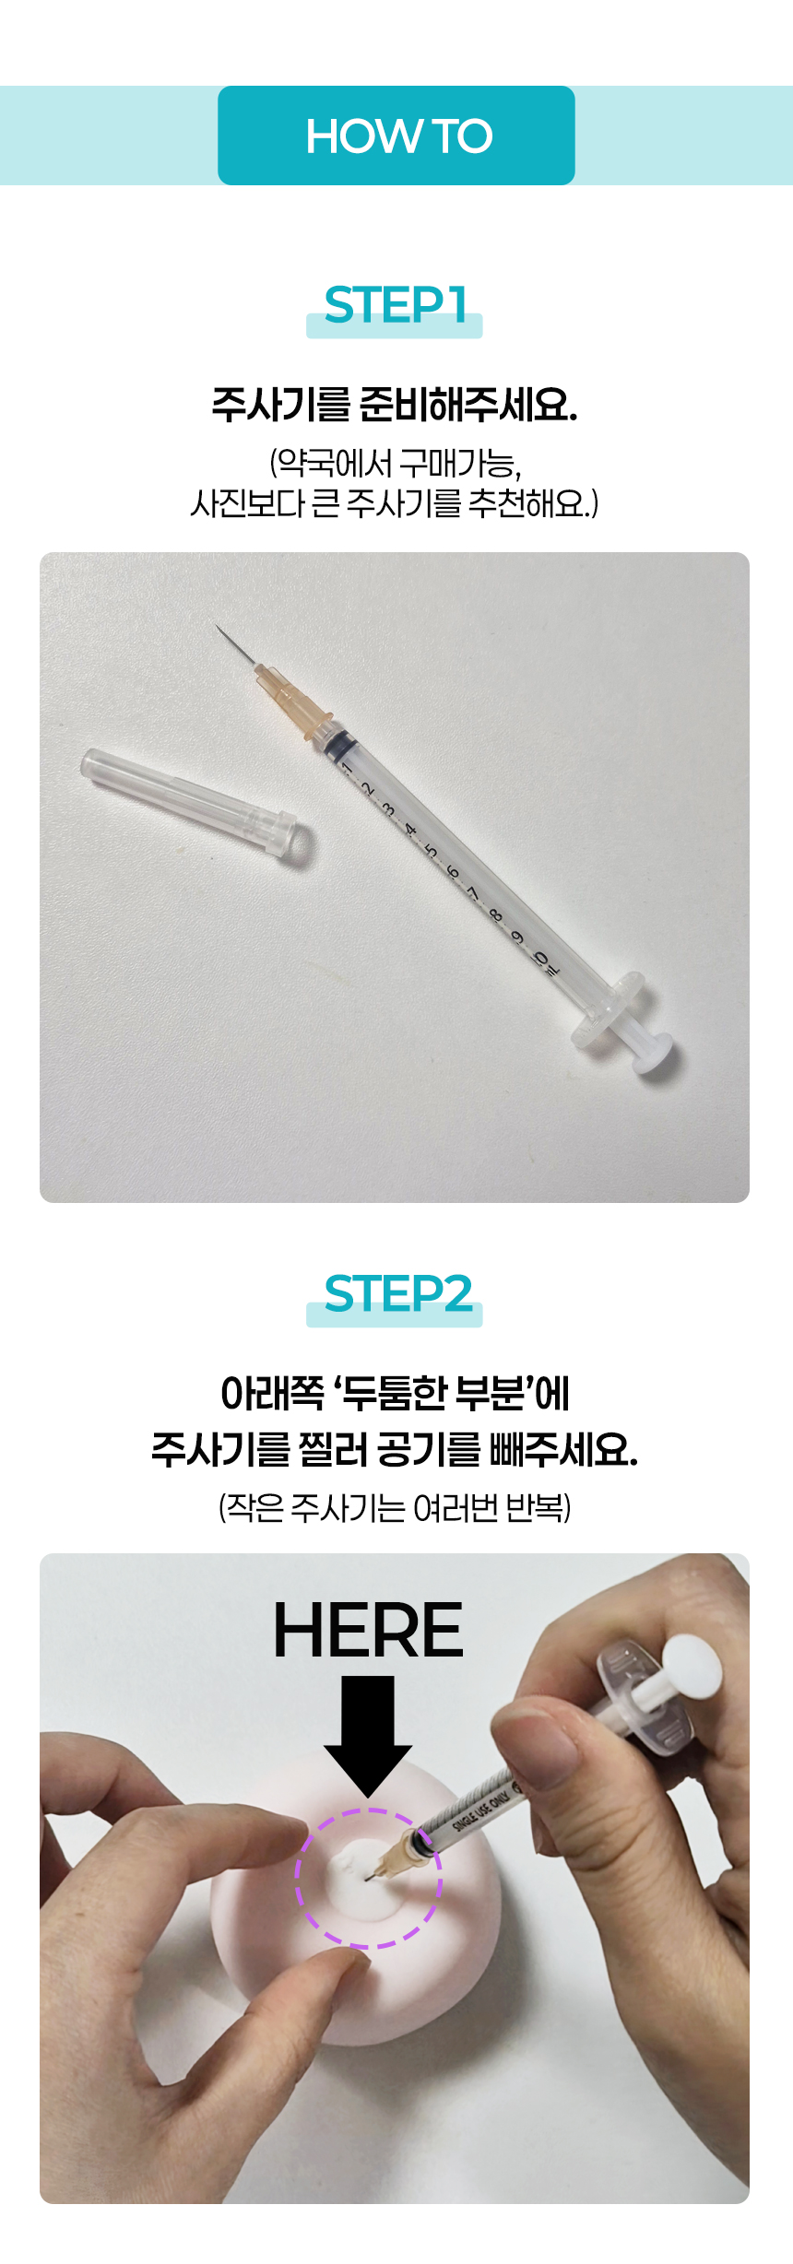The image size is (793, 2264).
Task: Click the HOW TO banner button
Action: [396, 136]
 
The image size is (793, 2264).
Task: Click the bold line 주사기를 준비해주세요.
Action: [395, 404]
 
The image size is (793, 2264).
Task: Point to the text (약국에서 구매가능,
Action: [396, 463]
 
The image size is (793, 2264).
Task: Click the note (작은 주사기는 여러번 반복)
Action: [395, 1508]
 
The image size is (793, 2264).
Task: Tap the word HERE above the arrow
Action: [368, 1630]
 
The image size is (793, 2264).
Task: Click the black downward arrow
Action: [368, 1736]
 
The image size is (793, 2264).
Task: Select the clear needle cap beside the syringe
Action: [196, 807]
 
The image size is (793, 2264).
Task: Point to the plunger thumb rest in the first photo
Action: [653, 1052]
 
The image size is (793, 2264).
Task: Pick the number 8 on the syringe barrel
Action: [496, 915]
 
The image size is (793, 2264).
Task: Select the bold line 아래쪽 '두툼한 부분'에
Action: [395, 1393]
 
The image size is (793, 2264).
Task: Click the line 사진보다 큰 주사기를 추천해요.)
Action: [395, 503]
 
